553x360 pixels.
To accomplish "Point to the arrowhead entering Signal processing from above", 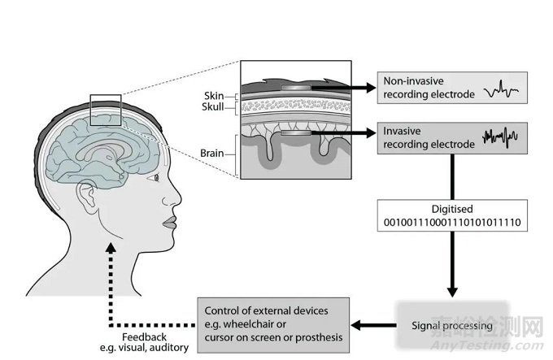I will [x=451, y=293].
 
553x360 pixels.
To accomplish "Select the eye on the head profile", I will [x=155, y=176].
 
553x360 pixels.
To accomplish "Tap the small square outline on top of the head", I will [x=106, y=111].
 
